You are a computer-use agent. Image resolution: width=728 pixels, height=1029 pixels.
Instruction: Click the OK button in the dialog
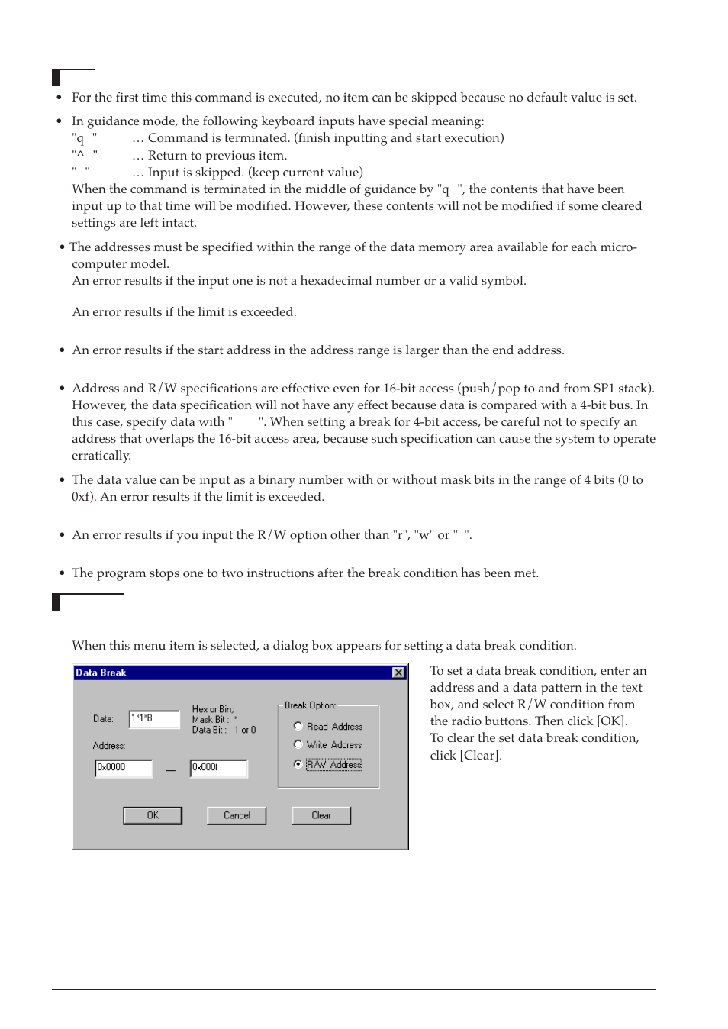153,815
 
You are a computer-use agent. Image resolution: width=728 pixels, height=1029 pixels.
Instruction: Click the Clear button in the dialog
321,815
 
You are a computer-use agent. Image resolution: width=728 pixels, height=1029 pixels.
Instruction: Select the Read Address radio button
298,726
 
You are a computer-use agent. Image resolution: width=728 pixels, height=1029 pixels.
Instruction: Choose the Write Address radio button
298,744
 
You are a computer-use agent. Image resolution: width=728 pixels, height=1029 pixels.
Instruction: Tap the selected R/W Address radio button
298,764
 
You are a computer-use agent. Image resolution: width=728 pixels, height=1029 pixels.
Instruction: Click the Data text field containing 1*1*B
154,718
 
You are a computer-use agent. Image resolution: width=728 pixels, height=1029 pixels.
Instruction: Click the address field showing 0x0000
124,767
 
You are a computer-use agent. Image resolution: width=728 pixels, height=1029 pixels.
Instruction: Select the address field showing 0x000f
219,767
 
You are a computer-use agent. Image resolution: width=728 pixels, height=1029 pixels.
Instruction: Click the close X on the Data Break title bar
398,673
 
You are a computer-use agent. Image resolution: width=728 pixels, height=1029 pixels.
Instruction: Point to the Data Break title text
101,673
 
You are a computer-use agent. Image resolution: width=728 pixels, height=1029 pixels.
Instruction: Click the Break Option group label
310,705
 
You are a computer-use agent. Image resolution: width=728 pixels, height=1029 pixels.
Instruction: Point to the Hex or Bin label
213,709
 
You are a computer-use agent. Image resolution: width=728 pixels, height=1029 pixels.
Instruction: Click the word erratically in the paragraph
101,456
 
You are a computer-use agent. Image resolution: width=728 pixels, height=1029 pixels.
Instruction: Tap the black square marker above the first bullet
56,77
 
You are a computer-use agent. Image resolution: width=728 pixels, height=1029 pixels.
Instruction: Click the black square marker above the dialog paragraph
56,602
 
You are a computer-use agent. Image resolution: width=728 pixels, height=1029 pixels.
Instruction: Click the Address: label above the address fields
109,746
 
